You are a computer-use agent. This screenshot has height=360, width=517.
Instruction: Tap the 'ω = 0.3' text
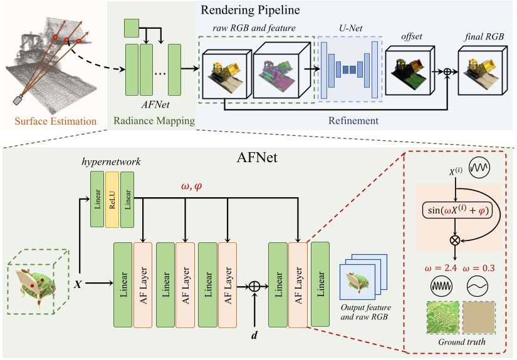tap(479, 267)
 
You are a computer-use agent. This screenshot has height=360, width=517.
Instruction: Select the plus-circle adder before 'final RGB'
tap(448, 73)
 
